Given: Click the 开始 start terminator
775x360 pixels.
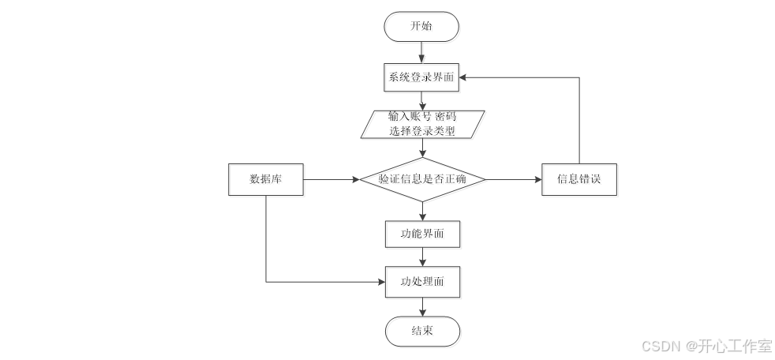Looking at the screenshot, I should pos(421,26).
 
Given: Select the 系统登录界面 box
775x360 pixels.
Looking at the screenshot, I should pos(421,77).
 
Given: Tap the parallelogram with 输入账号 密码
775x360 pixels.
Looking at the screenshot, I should pos(421,124).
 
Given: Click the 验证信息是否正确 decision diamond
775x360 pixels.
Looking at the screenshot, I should pos(422,179).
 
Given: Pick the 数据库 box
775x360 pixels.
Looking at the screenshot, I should pos(266,179).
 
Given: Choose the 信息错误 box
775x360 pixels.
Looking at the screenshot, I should pos(579,179).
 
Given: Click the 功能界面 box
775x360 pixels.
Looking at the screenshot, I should pos(422,234).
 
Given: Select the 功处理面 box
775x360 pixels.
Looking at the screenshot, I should pos(422,281).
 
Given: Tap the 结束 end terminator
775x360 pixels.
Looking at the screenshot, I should pos(422,331).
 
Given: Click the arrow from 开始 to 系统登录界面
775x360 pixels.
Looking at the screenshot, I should pos(422,51).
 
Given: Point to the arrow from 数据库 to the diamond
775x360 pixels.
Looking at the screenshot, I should pos(331,179).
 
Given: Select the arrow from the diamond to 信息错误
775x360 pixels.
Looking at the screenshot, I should pos(513,179).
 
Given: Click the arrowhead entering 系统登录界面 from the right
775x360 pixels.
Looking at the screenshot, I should pos(466,77).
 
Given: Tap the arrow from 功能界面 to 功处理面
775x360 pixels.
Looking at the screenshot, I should pos(422,257).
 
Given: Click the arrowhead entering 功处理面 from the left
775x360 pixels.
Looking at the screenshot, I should pos(380,281).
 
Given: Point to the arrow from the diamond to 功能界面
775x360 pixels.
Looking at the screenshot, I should pos(422,211).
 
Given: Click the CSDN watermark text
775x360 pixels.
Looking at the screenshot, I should pos(707,346).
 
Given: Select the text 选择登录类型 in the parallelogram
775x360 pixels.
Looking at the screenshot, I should pos(422,131).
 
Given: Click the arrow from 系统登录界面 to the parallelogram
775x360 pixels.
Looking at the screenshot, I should pos(422,101).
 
